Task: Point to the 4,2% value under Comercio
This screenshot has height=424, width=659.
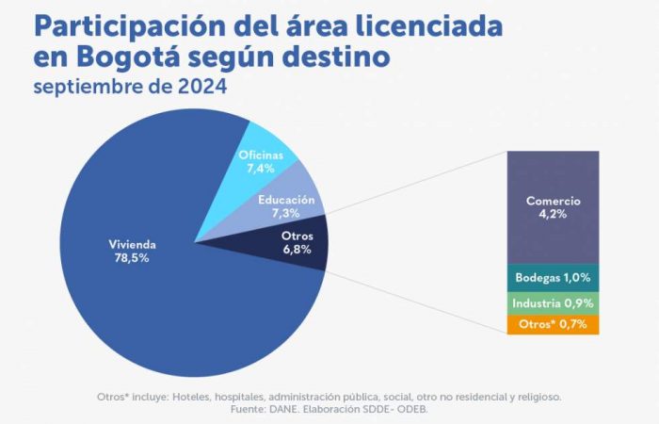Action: click(553, 214)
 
